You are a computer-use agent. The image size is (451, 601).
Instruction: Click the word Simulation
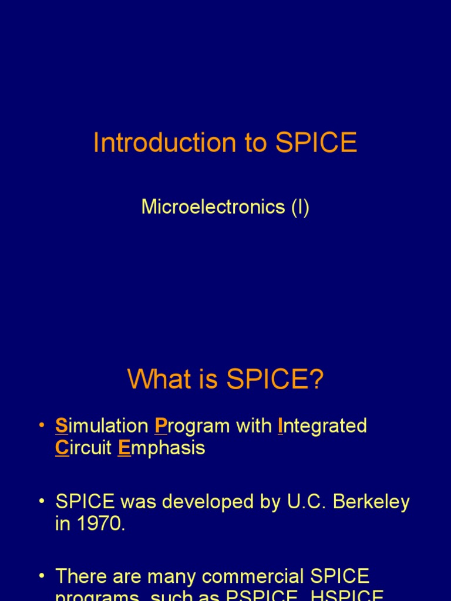[x=102, y=426]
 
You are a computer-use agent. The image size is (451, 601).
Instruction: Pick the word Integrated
[x=322, y=426]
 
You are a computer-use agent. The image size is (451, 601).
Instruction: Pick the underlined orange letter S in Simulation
[x=62, y=426]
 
